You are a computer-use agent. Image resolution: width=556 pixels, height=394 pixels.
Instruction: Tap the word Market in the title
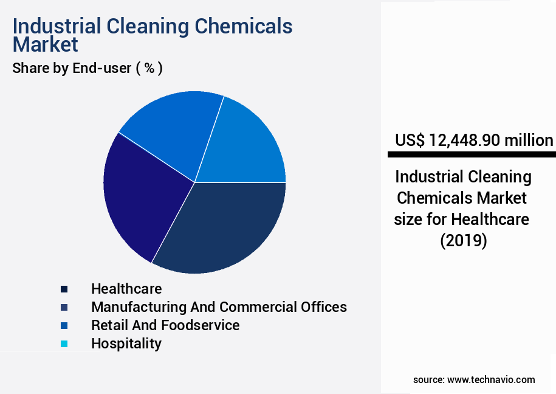click(45, 44)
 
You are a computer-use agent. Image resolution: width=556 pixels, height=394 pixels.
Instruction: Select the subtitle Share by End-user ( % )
click(87, 68)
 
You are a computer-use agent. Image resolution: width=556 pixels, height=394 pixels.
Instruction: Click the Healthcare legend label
click(126, 288)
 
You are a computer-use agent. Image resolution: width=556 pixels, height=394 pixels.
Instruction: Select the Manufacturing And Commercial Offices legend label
click(219, 306)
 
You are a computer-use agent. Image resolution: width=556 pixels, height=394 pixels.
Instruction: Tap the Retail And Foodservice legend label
click(165, 325)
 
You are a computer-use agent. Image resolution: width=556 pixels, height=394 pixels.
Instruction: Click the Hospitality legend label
click(126, 343)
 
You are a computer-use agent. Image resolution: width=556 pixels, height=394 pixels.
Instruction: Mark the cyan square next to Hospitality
click(64, 344)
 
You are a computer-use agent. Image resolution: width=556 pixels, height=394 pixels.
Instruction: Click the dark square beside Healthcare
click(64, 289)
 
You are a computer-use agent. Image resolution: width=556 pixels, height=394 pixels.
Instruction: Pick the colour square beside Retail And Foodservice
click(64, 325)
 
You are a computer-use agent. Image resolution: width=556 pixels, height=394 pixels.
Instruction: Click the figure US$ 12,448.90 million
click(474, 140)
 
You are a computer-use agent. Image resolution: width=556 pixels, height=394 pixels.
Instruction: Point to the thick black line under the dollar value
click(472, 155)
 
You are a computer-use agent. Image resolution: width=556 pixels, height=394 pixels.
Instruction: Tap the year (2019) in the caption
click(463, 240)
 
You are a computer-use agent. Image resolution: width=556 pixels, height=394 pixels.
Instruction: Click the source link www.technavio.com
click(491, 379)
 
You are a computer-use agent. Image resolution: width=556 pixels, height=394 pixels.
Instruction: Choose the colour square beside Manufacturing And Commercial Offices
click(64, 307)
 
